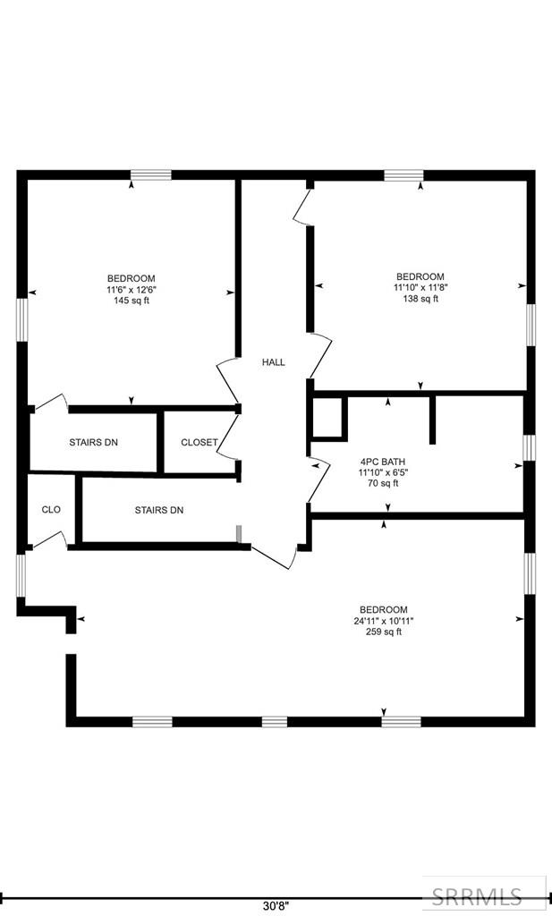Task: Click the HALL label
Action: [x=273, y=362]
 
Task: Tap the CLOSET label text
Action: [x=199, y=443]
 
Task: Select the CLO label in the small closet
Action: [x=51, y=510]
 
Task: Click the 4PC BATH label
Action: [x=382, y=462]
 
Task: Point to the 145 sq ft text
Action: [x=132, y=301]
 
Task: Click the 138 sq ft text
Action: [x=420, y=299]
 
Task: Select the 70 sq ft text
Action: [x=382, y=484]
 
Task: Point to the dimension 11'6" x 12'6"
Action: [x=132, y=290]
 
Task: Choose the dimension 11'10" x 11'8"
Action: [x=420, y=288]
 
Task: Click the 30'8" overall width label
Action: [x=276, y=904]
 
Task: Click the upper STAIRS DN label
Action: [x=94, y=443]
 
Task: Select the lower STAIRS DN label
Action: [x=159, y=510]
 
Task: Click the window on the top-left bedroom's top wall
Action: [x=151, y=175]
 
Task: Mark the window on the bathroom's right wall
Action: [x=529, y=446]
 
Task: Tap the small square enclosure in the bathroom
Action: [x=328, y=418]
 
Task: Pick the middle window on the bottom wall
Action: [x=274, y=721]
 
